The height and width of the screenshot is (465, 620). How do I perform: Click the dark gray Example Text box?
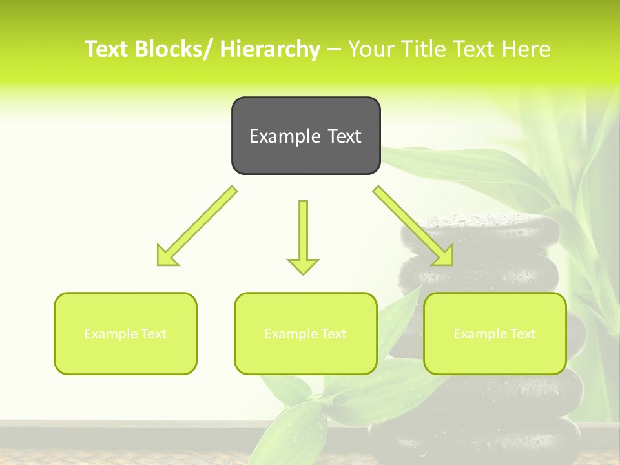(x=305, y=136)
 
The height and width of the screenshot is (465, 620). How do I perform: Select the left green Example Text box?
(x=125, y=333)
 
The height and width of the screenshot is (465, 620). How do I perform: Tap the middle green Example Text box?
(x=305, y=333)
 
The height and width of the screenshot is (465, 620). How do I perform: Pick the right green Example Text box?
(x=495, y=333)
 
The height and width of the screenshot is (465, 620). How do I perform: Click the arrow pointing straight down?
(x=303, y=236)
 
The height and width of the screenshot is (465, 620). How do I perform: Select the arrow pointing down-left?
(x=197, y=226)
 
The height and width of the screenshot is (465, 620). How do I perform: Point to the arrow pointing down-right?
(x=413, y=226)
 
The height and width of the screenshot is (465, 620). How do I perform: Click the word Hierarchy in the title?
(x=270, y=49)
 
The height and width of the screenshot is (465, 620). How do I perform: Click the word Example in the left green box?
(x=107, y=334)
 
